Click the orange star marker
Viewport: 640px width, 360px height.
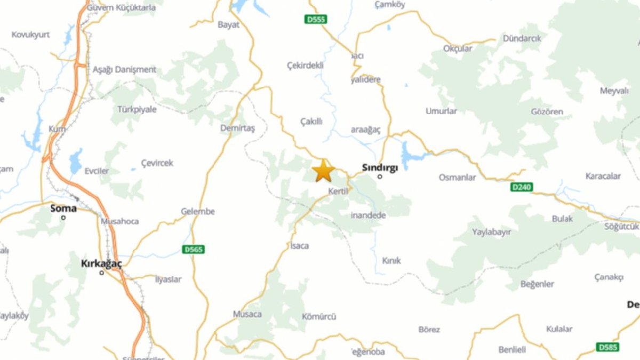pyautogui.click(x=323, y=171)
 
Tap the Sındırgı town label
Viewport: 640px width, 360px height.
pyautogui.click(x=380, y=167)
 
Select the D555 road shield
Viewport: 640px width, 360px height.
pyautogui.click(x=316, y=20)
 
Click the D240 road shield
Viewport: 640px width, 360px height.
pyautogui.click(x=522, y=187)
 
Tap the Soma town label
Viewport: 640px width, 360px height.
pyautogui.click(x=63, y=208)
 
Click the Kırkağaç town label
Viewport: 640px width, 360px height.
pyautogui.click(x=101, y=263)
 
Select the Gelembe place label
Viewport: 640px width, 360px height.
pyautogui.click(x=198, y=211)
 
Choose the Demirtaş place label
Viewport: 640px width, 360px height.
pyautogui.click(x=238, y=128)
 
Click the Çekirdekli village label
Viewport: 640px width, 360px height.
pyautogui.click(x=305, y=66)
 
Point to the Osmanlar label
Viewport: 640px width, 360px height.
pyautogui.click(x=457, y=178)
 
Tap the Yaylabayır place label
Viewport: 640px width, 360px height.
pyautogui.click(x=491, y=232)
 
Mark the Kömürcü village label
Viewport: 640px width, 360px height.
pyautogui.click(x=319, y=316)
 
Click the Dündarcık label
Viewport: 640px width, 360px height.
pyautogui.click(x=522, y=38)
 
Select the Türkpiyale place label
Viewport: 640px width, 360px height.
pyautogui.click(x=137, y=109)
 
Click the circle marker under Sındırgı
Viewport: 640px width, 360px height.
pyautogui.click(x=380, y=176)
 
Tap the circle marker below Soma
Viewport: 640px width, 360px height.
pyautogui.click(x=63, y=217)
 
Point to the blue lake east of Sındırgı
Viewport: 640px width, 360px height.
pyautogui.click(x=410, y=155)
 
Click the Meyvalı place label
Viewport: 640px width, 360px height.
pyautogui.click(x=614, y=91)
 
